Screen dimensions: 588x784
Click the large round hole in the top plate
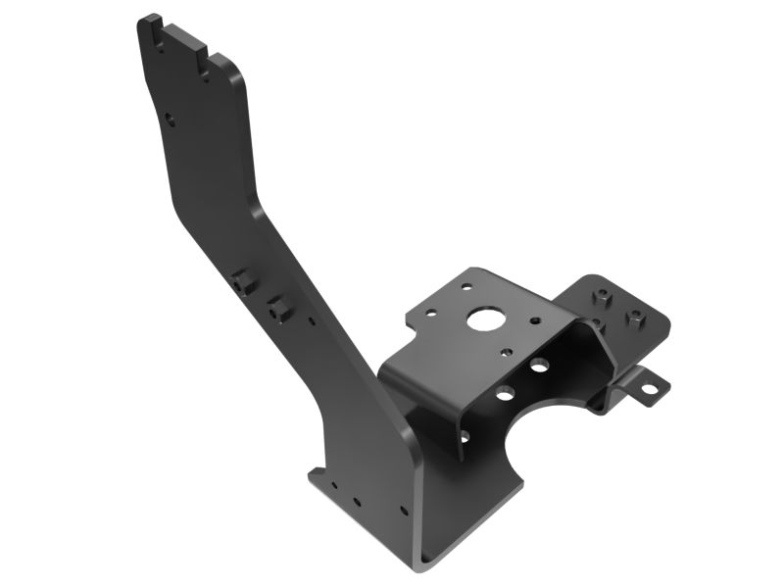(482, 318)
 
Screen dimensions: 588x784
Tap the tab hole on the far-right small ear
(648, 388)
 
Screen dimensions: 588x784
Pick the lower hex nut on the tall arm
(278, 309)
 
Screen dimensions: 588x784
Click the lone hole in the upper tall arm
(170, 120)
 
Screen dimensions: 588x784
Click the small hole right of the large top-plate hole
(535, 319)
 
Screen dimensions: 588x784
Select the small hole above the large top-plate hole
(466, 288)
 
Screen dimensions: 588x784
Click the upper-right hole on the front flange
(539, 367)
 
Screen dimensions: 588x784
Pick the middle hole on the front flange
(505, 394)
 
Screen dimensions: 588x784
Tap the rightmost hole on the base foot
(402, 511)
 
